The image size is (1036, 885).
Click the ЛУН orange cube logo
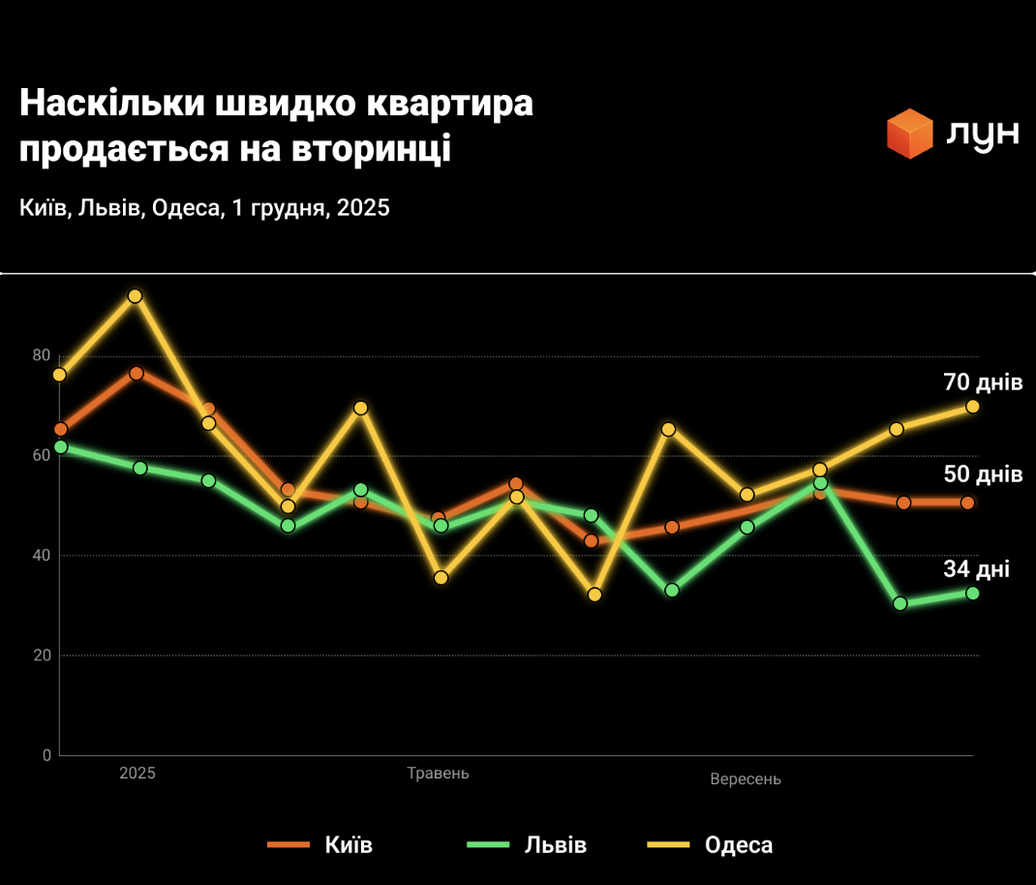[x=909, y=134]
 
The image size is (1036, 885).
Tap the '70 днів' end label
[x=983, y=382]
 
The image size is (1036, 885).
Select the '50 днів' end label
[x=983, y=474]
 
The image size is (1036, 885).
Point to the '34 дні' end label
[x=976, y=569]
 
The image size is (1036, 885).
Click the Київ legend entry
[x=320, y=844]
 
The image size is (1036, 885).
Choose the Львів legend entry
[x=527, y=844]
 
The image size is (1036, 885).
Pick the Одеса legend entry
[x=711, y=844]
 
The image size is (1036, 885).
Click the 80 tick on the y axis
[x=41, y=355]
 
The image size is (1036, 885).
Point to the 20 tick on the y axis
[x=41, y=656]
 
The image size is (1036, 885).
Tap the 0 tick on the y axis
[x=46, y=755]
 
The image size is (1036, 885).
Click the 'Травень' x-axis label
[x=438, y=773]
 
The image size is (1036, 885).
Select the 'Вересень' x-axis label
[x=745, y=779]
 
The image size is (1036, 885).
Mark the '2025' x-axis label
[x=137, y=773]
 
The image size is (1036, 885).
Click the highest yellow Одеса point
[x=135, y=296]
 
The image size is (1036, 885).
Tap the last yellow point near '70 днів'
[x=972, y=407]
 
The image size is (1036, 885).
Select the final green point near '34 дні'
[x=972, y=594]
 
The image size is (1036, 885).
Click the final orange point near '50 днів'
[x=967, y=503]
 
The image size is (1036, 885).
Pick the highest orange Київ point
[x=137, y=374]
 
